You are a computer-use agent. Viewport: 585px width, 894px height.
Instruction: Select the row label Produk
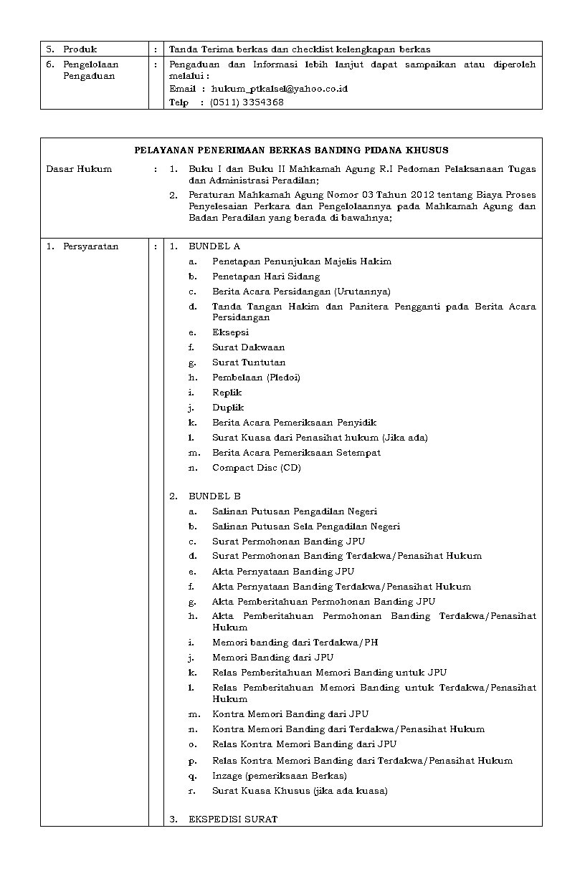[x=80, y=49]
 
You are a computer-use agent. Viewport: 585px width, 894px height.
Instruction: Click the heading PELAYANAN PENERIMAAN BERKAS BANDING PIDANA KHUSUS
[x=291, y=150]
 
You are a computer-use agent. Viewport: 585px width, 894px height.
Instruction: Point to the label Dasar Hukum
[x=79, y=169]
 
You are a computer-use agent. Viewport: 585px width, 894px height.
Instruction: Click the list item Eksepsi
[x=230, y=332]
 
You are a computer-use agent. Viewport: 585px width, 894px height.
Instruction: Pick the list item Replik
[x=227, y=393]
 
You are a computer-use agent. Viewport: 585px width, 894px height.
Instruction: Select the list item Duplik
[x=228, y=408]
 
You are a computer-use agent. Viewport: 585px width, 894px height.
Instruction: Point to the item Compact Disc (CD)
[x=256, y=468]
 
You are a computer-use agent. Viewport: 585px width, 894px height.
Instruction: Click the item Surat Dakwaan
[x=248, y=347]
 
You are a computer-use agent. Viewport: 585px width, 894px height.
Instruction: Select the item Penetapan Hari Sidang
[x=266, y=277]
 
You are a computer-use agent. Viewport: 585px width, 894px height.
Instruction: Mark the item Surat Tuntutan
[x=249, y=362]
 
